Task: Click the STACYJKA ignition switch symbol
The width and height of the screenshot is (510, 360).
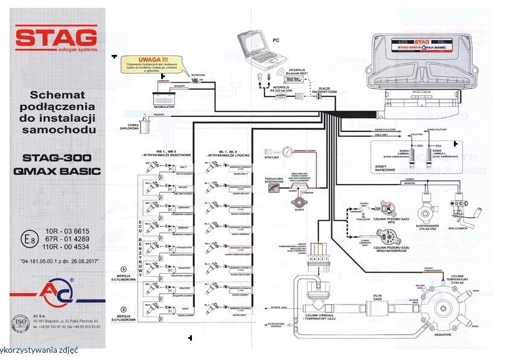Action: click(x=270, y=153)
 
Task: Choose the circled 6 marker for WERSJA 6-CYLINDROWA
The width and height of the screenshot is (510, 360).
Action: click(x=124, y=269)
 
